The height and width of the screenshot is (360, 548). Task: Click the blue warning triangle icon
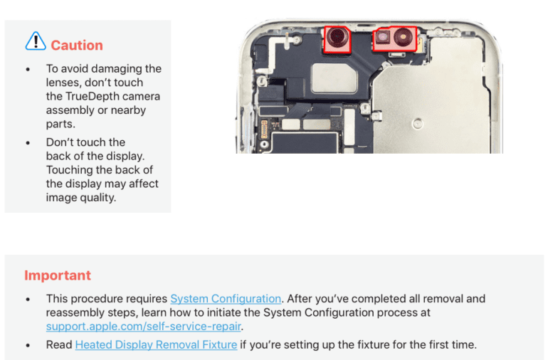click(36, 41)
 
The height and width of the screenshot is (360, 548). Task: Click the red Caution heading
click(77, 46)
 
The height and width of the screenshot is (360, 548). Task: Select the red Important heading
click(58, 275)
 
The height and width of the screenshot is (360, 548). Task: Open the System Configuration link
click(226, 299)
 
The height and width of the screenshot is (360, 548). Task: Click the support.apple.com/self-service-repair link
click(143, 327)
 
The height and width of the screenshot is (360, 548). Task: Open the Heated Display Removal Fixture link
click(157, 345)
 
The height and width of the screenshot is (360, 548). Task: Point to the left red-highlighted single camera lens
click(337, 38)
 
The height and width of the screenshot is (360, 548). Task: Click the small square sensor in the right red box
click(383, 36)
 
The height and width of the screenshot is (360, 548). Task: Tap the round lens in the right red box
click(404, 37)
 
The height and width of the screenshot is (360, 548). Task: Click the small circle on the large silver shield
click(417, 124)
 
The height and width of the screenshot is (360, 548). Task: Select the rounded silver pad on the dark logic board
click(334, 78)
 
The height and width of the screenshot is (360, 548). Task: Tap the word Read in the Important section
click(59, 345)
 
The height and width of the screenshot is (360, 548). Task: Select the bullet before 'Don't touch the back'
click(28, 142)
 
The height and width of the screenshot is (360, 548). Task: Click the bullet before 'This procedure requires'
click(28, 300)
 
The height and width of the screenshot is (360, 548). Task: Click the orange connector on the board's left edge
click(264, 129)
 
